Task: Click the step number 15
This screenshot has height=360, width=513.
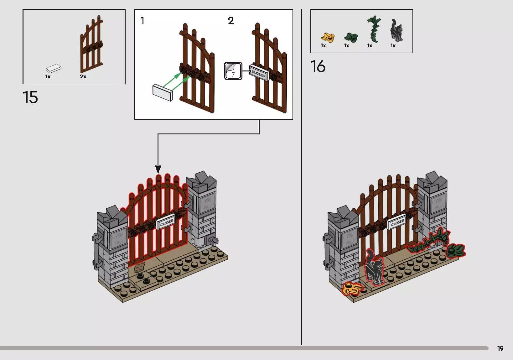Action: tap(30, 97)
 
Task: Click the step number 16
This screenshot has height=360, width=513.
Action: tap(318, 67)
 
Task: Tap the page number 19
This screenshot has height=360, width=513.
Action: tap(500, 348)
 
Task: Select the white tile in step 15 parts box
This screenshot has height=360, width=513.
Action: tap(54, 68)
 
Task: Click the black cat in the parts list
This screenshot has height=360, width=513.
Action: tap(396, 30)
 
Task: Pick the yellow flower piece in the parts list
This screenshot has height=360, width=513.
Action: tap(328, 37)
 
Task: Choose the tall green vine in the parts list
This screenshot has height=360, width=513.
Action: tap(374, 29)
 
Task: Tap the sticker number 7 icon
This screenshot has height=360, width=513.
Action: tap(233, 71)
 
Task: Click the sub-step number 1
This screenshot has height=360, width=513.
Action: tap(142, 21)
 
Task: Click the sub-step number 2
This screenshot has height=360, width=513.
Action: tap(231, 21)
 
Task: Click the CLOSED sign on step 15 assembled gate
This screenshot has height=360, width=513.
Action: tap(166, 223)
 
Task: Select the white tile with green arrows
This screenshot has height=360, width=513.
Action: tap(163, 92)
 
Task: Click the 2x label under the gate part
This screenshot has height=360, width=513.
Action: tap(83, 77)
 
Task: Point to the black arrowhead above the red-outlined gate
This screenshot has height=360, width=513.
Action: tap(158, 170)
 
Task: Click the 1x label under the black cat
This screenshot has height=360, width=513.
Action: tap(393, 46)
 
